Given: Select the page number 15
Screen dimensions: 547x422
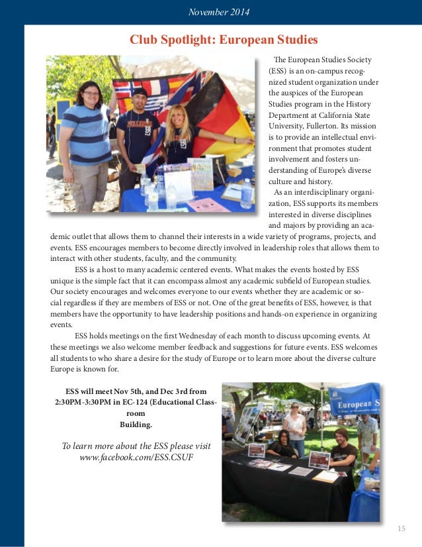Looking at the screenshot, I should click(x=401, y=528).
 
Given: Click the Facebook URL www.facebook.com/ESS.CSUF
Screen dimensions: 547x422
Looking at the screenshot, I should click(x=136, y=458).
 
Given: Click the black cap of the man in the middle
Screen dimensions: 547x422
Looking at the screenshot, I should click(x=140, y=92).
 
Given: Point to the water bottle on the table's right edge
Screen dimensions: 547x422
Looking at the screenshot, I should click(x=247, y=193).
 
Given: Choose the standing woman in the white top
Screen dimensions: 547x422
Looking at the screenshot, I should click(x=294, y=424).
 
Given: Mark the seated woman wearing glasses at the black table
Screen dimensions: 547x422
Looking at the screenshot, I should click(x=283, y=444).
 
